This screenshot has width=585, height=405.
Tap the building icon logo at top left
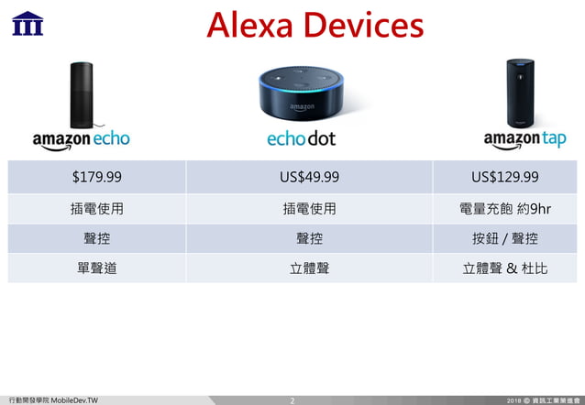[x=27, y=22]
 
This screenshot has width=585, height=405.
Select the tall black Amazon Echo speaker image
[x=82, y=94]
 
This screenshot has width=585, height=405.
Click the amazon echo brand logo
[x=82, y=139]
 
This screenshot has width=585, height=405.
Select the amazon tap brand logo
[x=524, y=139]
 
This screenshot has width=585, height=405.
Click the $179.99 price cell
[x=97, y=177]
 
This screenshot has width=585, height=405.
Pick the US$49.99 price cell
[x=308, y=177]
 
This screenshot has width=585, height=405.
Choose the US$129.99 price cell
[x=504, y=177]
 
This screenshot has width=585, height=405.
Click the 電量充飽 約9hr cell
[x=504, y=209]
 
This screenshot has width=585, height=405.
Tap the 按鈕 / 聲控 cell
[x=504, y=239]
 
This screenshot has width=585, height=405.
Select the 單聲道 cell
[x=97, y=269]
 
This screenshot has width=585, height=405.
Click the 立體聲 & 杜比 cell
[x=504, y=269]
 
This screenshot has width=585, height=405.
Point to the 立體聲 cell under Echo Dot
[x=309, y=269]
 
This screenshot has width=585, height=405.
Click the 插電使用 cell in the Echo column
[x=97, y=209]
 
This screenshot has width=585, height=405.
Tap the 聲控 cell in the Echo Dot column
[x=309, y=239]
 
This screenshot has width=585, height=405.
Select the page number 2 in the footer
[x=292, y=400]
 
